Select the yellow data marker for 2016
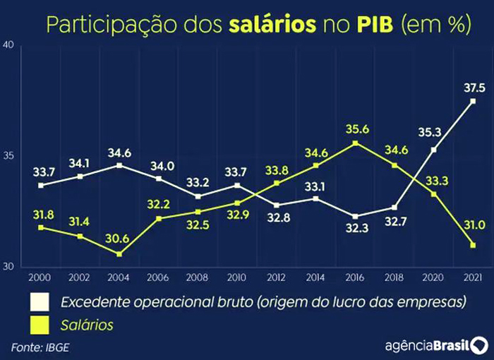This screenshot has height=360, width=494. click(355, 143)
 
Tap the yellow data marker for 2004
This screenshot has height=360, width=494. click(119, 253)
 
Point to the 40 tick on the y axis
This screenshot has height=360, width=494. click(9, 45)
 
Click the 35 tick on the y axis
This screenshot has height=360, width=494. click(9, 156)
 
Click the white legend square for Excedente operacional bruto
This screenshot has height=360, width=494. click(38, 303)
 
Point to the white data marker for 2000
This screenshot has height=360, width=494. click(41, 185)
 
